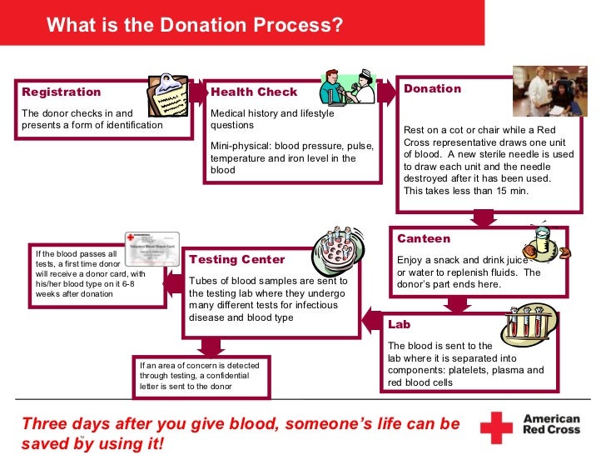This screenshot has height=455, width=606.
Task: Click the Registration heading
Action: point(62,92)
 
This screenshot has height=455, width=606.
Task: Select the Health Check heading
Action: point(254,92)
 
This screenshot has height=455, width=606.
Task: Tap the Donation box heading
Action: point(432,89)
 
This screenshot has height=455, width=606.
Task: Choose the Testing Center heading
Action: point(237,260)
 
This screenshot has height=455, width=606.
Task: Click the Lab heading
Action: point(400,324)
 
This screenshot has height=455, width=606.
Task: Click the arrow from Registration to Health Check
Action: point(198,92)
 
